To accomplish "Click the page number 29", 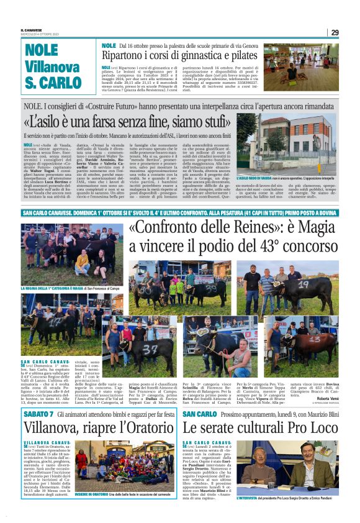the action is coord(335,32).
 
